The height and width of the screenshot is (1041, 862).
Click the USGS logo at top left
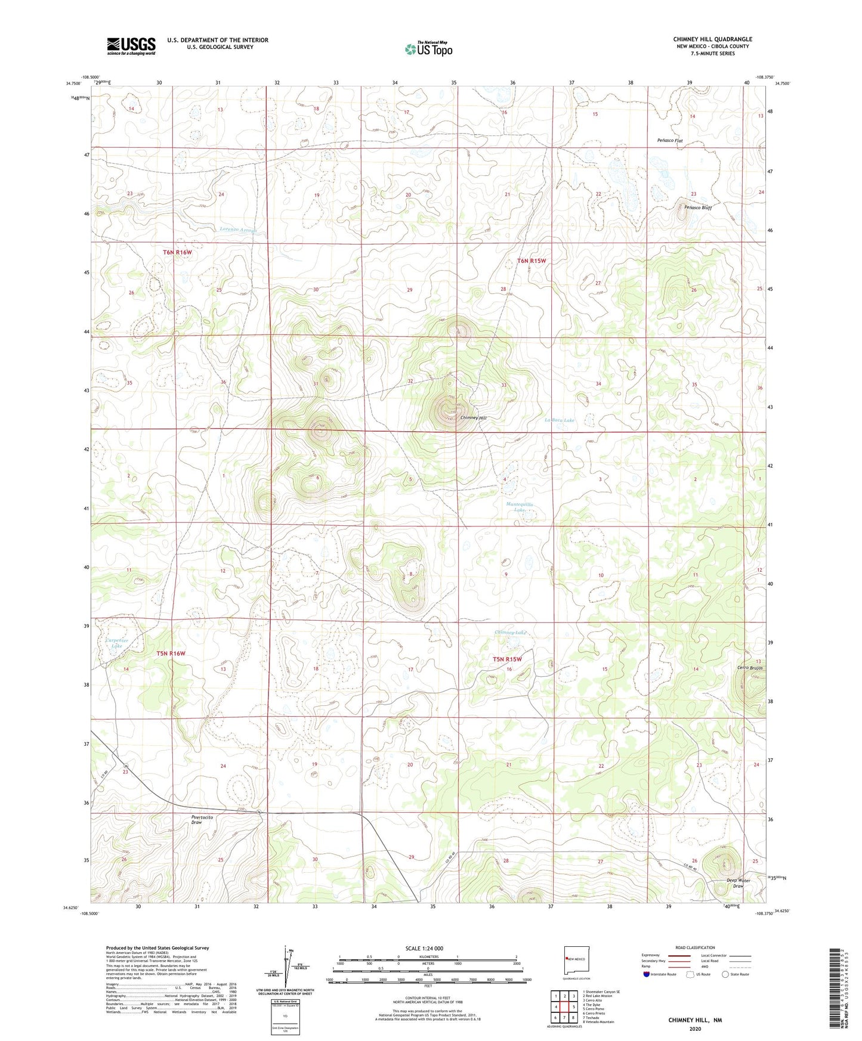coord(131,46)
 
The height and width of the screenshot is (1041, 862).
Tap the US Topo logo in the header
coord(428,49)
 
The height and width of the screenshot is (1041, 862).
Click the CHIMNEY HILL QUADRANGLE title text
coord(712,39)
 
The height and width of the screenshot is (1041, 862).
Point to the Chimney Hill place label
coord(474,418)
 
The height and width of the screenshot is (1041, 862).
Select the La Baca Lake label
coord(560,420)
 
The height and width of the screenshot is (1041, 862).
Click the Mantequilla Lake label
coord(520,507)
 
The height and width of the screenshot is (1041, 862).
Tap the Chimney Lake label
coord(510,633)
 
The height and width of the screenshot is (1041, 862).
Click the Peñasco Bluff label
coord(697,208)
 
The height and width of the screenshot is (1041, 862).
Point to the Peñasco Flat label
coord(669,141)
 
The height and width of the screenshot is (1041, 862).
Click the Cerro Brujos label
coord(750,668)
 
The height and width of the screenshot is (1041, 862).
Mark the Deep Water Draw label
coord(738,883)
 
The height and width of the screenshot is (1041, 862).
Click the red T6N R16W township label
coord(177,252)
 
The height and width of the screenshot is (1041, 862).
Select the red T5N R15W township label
coord(507,659)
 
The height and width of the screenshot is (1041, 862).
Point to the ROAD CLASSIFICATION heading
coord(694,947)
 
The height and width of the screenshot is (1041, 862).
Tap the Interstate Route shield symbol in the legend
coord(647,974)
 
